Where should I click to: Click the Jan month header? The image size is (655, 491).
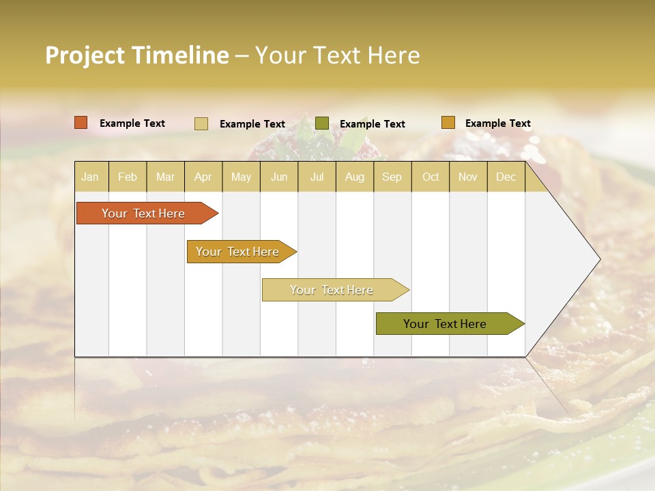(90, 177)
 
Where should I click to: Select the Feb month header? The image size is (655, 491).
(128, 177)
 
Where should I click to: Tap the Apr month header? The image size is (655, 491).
(203, 177)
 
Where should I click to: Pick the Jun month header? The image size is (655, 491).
(279, 177)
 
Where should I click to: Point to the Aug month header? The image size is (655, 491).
(355, 177)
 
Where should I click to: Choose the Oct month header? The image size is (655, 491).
(431, 177)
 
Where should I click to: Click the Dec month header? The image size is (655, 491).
(506, 177)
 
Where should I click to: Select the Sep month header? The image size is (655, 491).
(392, 177)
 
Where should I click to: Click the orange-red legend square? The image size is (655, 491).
(81, 123)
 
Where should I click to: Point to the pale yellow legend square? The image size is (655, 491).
(201, 123)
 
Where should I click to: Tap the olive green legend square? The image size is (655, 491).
(322, 123)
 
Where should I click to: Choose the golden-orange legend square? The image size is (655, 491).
(448, 123)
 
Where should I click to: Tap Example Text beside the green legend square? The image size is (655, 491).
(373, 124)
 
